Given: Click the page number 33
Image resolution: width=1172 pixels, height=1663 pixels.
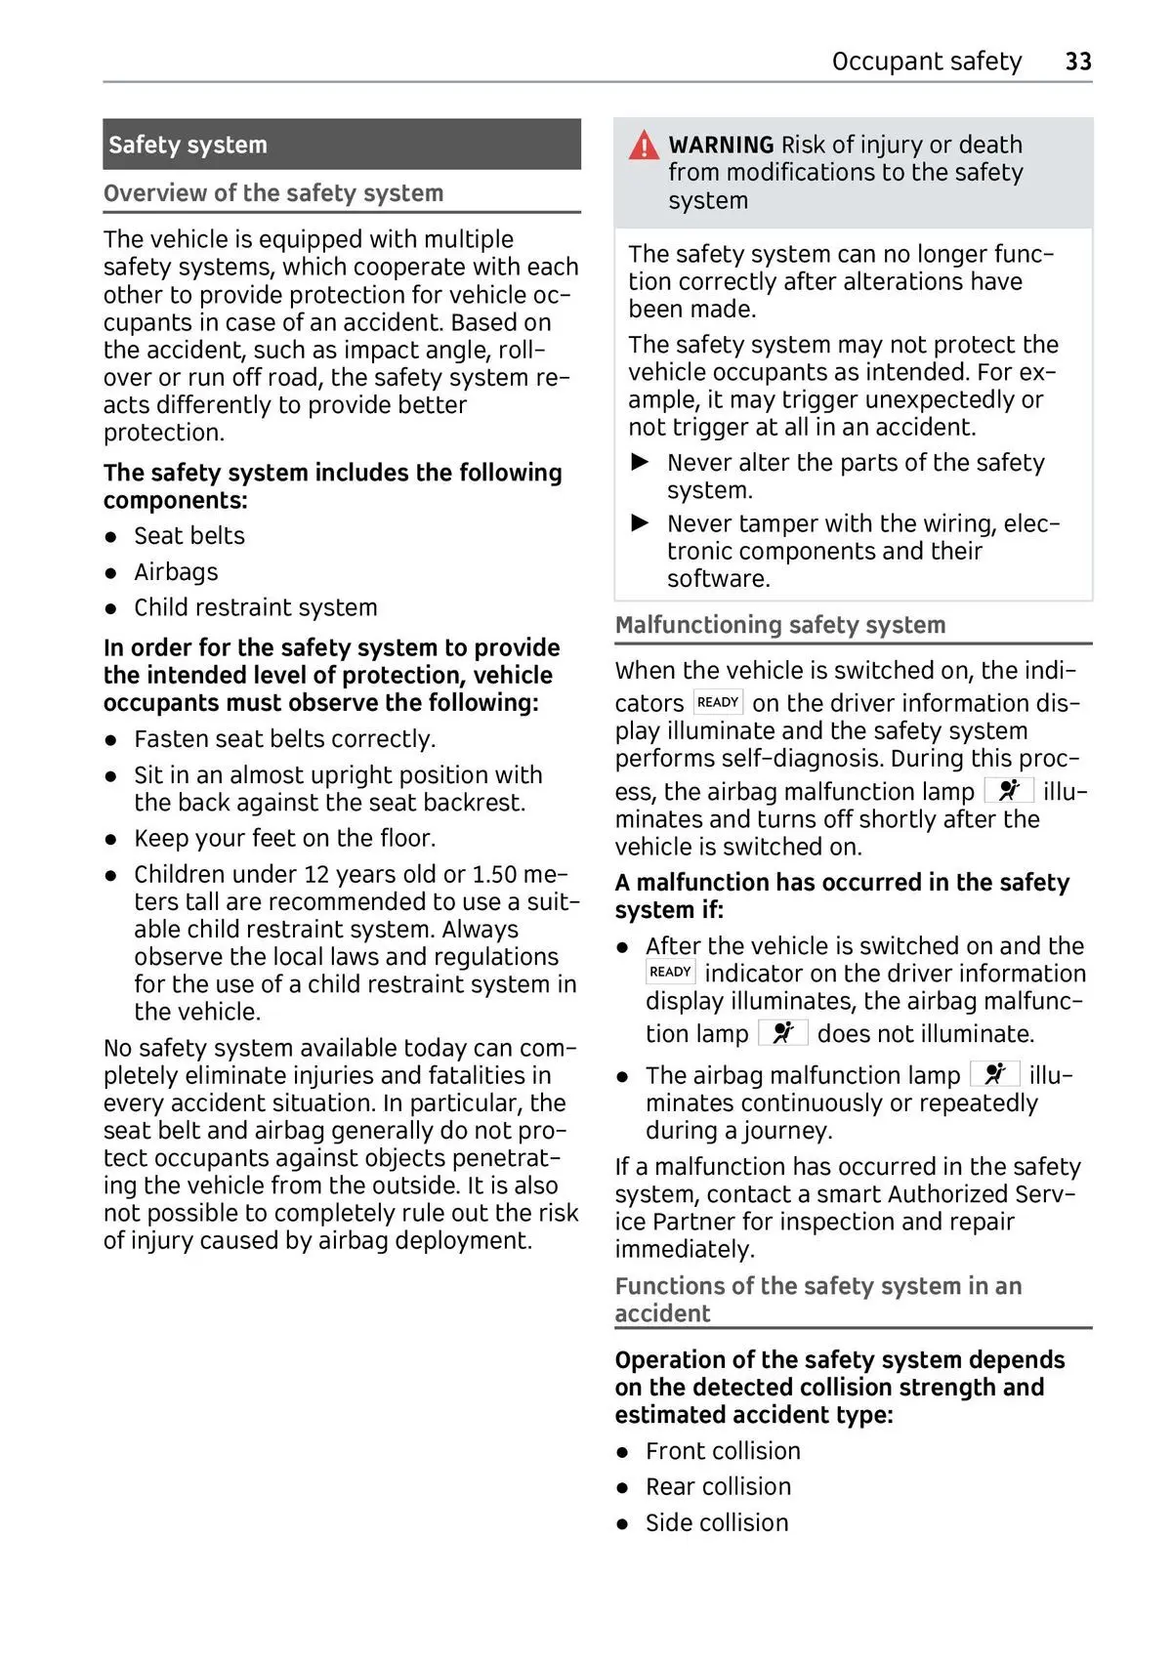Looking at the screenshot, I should click(x=1077, y=62).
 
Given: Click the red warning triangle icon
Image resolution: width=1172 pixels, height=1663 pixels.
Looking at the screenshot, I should click(x=644, y=146).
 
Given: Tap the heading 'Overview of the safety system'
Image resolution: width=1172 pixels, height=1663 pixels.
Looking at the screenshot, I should click(x=273, y=193).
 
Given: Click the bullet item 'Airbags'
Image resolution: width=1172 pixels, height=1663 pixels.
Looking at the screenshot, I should click(x=176, y=571).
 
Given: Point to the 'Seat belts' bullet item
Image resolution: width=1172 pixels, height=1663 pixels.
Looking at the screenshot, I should click(x=189, y=535).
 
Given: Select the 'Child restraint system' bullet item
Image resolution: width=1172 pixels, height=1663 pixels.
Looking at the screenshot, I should click(x=255, y=607).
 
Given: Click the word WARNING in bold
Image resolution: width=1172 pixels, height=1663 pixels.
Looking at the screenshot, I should click(x=721, y=145).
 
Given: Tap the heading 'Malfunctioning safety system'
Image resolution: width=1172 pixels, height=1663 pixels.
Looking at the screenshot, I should click(x=779, y=625).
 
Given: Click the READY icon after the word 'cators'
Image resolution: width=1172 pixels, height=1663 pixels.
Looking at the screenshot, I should click(x=718, y=702).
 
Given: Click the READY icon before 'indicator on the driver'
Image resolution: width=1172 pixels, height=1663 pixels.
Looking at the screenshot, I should click(x=670, y=972).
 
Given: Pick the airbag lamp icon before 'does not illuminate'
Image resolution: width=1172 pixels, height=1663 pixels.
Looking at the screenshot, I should click(x=782, y=1032).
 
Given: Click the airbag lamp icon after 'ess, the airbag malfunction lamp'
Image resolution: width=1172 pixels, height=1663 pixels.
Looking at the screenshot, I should click(x=1008, y=790).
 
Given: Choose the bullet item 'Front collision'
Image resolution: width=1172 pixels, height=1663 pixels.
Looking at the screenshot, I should click(x=723, y=1451).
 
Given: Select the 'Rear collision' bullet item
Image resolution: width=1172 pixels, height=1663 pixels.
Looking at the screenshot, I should click(x=718, y=1486).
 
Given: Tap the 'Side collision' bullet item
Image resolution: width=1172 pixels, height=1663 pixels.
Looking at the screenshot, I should click(x=717, y=1522).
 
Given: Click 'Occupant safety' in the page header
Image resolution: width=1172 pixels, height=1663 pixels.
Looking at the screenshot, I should click(x=926, y=62).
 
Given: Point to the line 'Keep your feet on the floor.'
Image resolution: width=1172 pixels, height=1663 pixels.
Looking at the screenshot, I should click(x=284, y=838).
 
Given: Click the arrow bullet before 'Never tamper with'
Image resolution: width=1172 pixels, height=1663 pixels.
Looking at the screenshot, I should click(x=641, y=523).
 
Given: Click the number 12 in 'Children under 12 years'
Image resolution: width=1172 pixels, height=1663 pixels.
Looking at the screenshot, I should click(x=317, y=874).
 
